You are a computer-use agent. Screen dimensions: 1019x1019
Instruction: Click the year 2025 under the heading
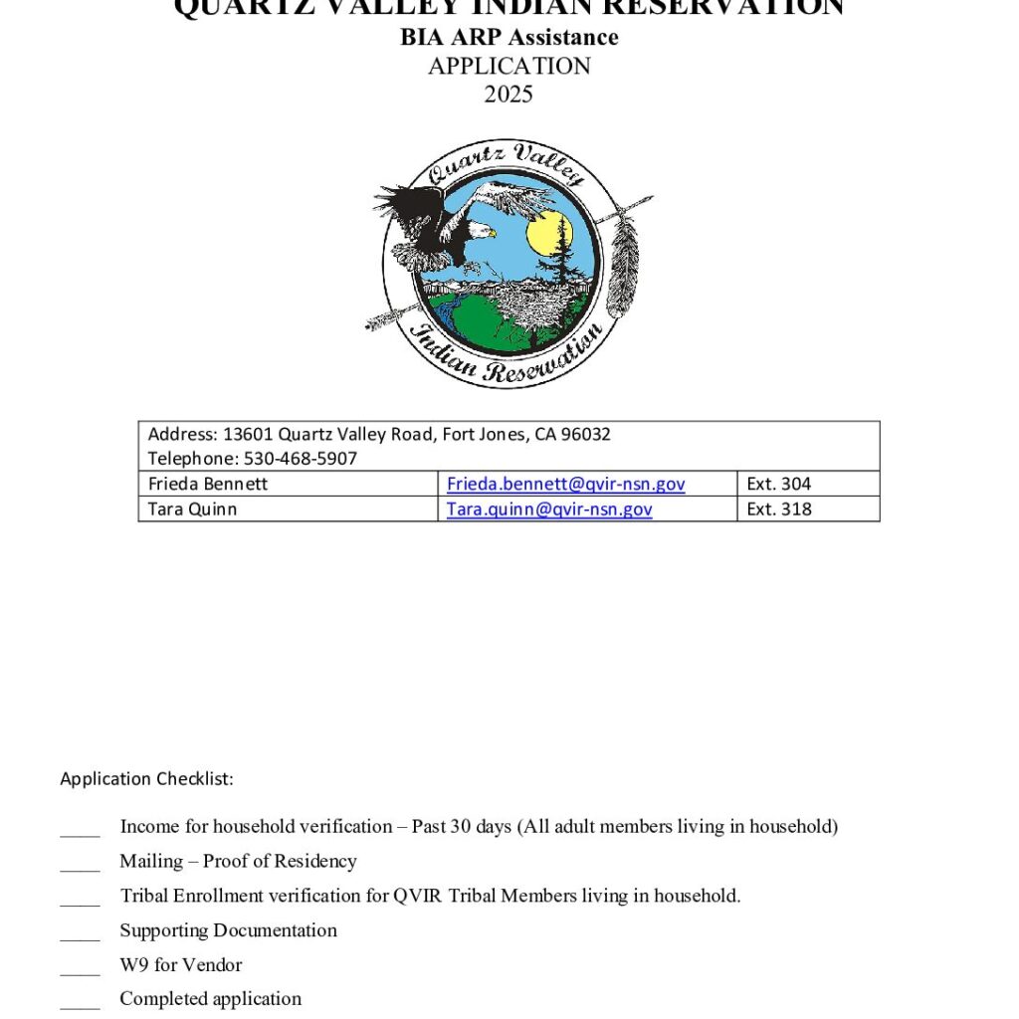[509, 95]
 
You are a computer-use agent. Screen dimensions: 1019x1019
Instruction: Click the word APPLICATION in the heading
[509, 67]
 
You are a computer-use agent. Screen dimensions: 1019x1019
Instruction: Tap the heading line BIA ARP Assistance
[509, 38]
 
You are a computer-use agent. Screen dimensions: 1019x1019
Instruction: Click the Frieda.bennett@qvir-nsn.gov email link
[565, 485]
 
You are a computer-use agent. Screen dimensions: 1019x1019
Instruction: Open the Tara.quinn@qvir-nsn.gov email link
[548, 509]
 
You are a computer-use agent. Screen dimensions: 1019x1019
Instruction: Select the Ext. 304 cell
[778, 485]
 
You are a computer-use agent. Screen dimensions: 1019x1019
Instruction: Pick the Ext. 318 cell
[778, 509]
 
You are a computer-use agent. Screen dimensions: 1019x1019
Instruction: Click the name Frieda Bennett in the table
[207, 485]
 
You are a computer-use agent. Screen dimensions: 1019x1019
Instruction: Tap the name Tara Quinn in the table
[192, 509]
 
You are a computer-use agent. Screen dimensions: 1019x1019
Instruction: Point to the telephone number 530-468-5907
[300, 459]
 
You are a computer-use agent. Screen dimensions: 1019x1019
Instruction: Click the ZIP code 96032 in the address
[586, 434]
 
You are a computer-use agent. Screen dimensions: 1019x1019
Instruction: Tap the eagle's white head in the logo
[483, 232]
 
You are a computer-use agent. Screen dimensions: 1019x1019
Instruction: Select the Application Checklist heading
[146, 779]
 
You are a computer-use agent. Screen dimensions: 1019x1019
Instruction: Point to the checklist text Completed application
[210, 999]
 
